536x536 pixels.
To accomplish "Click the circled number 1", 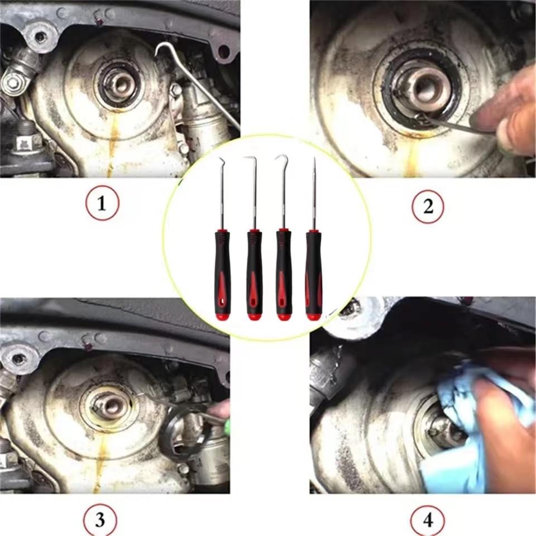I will (102, 205).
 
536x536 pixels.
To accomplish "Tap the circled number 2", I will (428, 207).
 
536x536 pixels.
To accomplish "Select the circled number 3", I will (99, 521).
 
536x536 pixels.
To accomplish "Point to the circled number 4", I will (428, 521).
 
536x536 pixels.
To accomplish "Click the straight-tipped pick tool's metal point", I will (314, 167).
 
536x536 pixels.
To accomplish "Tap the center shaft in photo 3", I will (111, 405).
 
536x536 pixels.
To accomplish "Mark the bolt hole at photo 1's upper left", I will (39, 37).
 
